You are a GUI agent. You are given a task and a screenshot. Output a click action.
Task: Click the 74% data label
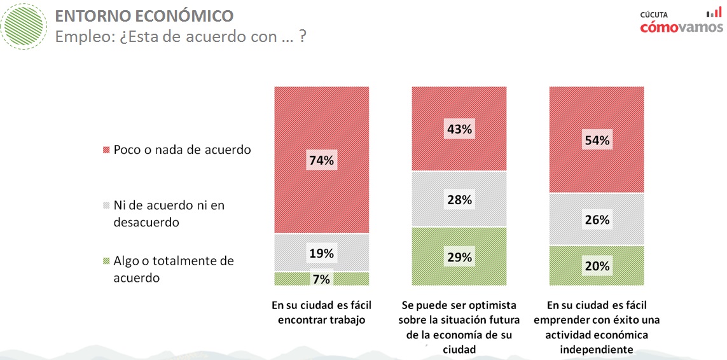tap(322, 160)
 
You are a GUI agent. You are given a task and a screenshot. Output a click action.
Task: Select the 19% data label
tap(322, 253)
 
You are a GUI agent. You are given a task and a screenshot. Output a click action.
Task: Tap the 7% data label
tap(322, 279)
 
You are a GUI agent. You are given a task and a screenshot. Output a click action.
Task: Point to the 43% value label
tap(459, 129)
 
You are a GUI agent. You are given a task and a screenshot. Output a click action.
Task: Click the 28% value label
tap(459, 200)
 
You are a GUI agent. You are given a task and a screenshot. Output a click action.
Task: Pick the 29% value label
tap(459, 258)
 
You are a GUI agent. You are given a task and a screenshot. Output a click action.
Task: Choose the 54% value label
tap(597, 141)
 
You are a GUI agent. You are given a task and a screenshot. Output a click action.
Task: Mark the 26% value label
tap(597, 220)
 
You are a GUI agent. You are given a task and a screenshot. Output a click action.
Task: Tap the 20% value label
tap(597, 267)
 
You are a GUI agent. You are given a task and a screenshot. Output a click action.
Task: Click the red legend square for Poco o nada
tap(106, 151)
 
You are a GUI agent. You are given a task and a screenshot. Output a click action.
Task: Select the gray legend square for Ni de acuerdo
tap(106, 206)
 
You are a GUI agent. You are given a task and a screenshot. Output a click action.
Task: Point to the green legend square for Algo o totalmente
tap(106, 261)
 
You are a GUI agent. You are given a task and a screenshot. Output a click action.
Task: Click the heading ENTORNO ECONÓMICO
tap(144, 16)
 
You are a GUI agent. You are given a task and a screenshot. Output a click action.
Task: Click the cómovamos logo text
tap(681, 27)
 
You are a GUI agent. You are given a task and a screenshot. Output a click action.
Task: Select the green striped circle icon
tap(26, 25)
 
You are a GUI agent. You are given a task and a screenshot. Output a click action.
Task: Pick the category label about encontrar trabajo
tap(322, 312)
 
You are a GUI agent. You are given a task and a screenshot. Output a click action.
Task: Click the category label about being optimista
tap(459, 327)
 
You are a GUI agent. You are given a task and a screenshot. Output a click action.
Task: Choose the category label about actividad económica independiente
tap(597, 327)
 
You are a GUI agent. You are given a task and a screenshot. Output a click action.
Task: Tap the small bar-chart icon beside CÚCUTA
tap(714, 13)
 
